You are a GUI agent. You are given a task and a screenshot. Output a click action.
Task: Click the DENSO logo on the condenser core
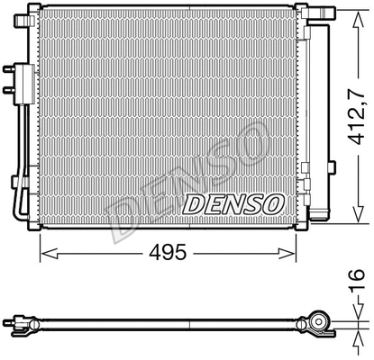pos(233,203)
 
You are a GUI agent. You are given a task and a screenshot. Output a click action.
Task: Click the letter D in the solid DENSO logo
pos(193,204)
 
